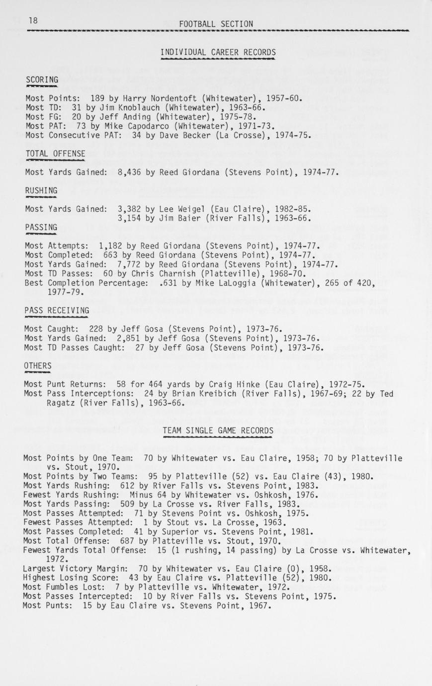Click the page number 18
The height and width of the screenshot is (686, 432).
[x=33, y=20]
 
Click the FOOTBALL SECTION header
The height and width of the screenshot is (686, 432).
[x=216, y=24]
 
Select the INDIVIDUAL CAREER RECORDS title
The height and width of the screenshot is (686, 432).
[x=218, y=52]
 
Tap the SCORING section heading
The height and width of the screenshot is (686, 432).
[x=42, y=80]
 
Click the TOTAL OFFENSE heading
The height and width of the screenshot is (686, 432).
[x=55, y=154]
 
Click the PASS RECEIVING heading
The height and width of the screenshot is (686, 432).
[x=57, y=311]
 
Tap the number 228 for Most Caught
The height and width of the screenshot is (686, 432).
[x=96, y=329]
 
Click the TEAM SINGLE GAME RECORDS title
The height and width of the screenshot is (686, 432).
[x=218, y=430]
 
